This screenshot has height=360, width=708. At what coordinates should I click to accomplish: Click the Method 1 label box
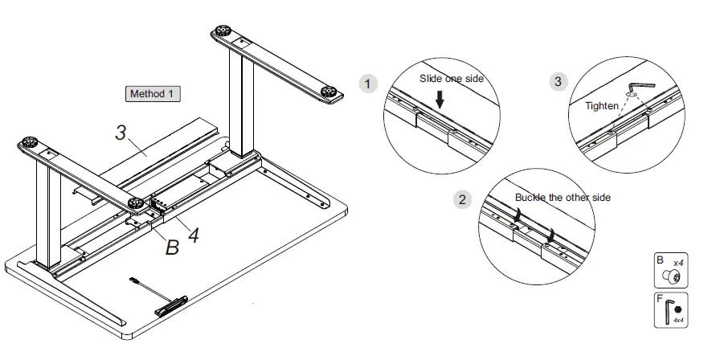[x=152, y=94]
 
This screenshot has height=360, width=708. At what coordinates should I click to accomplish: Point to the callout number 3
[x=121, y=133]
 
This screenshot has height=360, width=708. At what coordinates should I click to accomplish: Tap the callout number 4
[x=192, y=235]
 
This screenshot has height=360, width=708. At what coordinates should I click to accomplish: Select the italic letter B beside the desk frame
[x=171, y=247]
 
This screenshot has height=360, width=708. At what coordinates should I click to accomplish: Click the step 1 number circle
[x=367, y=84]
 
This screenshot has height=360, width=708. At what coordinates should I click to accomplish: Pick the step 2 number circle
[x=461, y=200]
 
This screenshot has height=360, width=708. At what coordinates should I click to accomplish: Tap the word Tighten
[x=602, y=106]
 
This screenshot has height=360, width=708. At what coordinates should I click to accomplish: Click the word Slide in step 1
[x=431, y=79]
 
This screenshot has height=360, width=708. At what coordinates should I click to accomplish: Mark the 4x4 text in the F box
[x=677, y=321]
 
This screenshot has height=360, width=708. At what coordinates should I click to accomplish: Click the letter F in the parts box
[x=660, y=299]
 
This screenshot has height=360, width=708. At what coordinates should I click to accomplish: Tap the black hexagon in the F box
[x=677, y=309]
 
